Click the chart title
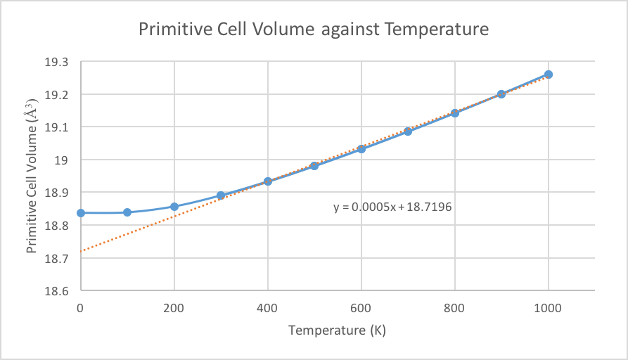314,30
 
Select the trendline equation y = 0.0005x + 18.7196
392,207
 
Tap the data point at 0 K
81,212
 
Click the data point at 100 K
127,212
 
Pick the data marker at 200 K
174,207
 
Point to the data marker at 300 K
221,195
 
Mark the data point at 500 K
314,166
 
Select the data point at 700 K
408,131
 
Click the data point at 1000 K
549,75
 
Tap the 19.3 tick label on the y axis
59,62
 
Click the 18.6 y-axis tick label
59,290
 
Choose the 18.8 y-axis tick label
59,225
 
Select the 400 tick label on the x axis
268,307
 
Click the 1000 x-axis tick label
549,307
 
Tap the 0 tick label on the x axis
81,307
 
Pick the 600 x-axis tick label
361,307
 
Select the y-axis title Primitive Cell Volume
32,176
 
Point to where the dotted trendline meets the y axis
81,251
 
